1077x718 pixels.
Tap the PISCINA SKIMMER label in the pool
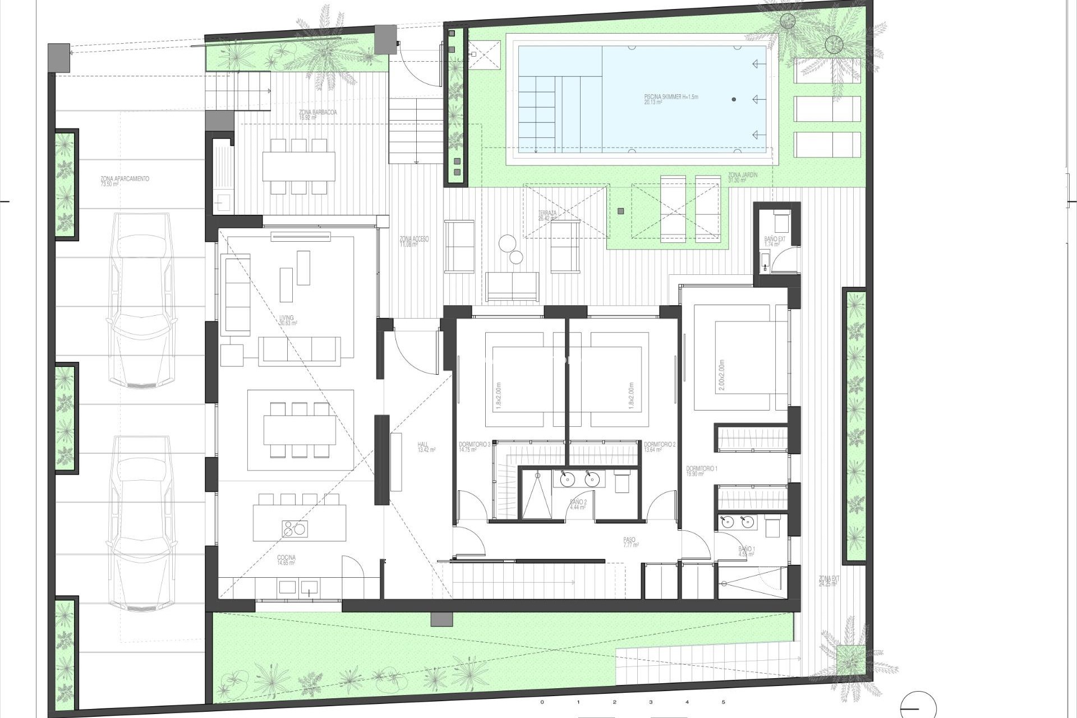671,99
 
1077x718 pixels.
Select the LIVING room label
287,320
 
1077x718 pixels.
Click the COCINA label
286,560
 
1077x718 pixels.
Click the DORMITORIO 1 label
701,471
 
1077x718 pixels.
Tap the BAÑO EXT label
774,242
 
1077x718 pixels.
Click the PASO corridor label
630,542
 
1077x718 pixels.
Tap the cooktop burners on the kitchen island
294,528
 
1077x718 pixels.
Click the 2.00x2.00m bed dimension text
721,375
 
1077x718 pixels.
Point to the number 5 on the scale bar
723,702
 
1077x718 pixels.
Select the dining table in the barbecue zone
298,167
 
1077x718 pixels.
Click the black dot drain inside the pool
734,99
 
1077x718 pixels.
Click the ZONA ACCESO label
414,241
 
